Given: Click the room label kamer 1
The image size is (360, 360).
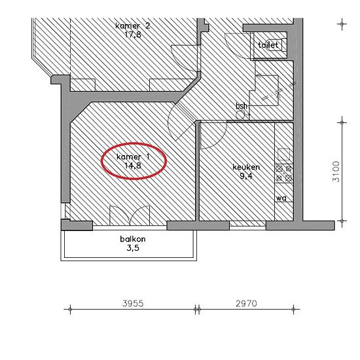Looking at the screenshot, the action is pyautogui.click(x=133, y=157).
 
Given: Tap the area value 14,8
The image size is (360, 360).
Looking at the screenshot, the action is pyautogui.click(x=133, y=166).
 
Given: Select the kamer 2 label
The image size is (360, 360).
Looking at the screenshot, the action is pyautogui.click(x=133, y=26).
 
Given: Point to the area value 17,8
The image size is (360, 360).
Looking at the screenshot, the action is pyautogui.click(x=133, y=35).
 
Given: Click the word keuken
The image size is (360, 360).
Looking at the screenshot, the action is pyautogui.click(x=246, y=167).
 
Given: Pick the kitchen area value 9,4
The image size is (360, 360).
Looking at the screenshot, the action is pyautogui.click(x=246, y=176).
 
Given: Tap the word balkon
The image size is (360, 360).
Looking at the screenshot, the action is pyautogui.click(x=133, y=239).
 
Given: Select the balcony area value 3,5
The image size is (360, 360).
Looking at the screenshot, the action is pyautogui.click(x=133, y=248).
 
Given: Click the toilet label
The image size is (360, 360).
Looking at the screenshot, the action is pyautogui.click(x=268, y=45).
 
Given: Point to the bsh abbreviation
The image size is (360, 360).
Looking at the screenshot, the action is pyautogui.click(x=242, y=105).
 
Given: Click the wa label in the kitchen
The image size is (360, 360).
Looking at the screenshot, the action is pyautogui.click(x=281, y=198).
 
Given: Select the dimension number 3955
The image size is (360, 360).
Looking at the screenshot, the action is pyautogui.click(x=133, y=303).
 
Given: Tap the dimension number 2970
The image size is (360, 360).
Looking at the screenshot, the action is pyautogui.click(x=246, y=303).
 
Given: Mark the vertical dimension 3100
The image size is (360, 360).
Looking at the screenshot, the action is pyautogui.click(x=336, y=171).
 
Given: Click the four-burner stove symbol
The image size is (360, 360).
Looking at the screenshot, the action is pyautogui.click(x=284, y=173).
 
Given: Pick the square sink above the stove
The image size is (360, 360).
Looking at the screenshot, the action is pyautogui.click(x=284, y=154).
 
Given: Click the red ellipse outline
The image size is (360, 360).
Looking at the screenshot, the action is pyautogui.click(x=102, y=161).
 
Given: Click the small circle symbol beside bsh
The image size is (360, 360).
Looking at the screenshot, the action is pyautogui.click(x=240, y=115).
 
